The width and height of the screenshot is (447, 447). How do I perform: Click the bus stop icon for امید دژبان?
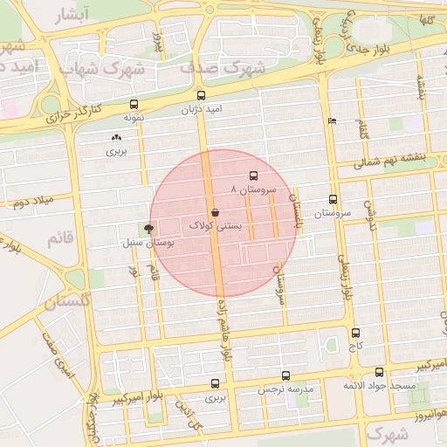tap(202, 95)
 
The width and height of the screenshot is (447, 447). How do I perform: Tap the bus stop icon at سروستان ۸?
tap(253, 175)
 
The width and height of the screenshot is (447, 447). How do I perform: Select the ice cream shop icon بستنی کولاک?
tap(215, 212)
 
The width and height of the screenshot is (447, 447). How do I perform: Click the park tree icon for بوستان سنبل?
tap(149, 230)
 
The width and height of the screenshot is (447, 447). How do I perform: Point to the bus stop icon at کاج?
tap(355, 333)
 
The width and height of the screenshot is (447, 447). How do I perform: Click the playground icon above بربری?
tap(116, 137)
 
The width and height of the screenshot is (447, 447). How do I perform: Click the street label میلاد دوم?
tap(33, 203)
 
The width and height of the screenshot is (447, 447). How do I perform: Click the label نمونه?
tap(133, 116)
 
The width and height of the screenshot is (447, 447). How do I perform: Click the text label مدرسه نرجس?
tap(288, 389)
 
